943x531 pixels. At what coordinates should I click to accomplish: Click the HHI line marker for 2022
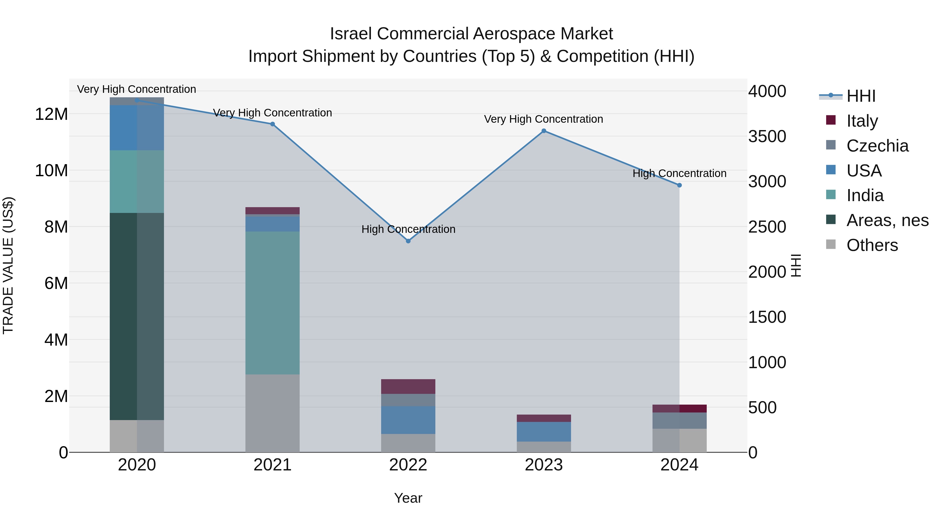[408, 241]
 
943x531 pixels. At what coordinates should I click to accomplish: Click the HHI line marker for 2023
[544, 131]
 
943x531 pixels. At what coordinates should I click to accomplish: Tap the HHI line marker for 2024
[679, 185]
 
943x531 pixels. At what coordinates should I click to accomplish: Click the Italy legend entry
[862, 121]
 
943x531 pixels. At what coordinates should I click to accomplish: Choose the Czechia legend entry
[877, 146]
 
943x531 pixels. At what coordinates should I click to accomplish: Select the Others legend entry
[872, 245]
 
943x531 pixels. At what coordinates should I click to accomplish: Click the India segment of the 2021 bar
[272, 303]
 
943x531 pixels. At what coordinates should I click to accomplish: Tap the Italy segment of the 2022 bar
[408, 386]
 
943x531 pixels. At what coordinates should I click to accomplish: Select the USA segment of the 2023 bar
[544, 431]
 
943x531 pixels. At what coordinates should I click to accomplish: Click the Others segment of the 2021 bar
[272, 413]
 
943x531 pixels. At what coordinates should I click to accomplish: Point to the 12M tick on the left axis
[51, 114]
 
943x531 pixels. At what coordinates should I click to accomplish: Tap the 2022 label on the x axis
[408, 465]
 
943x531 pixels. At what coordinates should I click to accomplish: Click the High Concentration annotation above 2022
[408, 229]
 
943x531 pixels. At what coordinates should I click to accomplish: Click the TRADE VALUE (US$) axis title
[8, 265]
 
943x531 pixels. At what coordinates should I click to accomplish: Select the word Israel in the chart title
[352, 34]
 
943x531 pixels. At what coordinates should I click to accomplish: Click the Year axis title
[408, 498]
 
